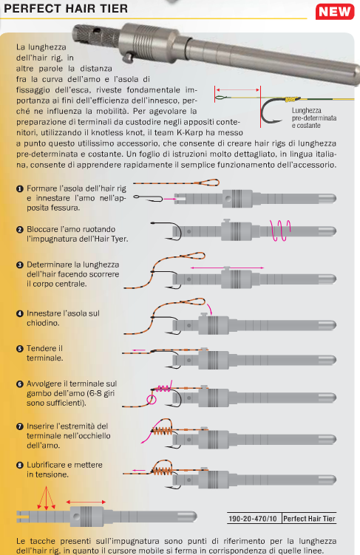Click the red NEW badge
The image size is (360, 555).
[335, 12]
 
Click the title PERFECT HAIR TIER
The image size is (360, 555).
[66, 8]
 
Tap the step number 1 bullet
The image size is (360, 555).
[20, 189]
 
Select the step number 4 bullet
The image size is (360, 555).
[20, 313]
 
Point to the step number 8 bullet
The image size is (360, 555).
[20, 465]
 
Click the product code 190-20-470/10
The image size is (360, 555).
[253, 519]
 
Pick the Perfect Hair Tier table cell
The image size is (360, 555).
[309, 519]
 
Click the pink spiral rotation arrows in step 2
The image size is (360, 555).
[279, 231]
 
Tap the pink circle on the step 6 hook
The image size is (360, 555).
[151, 400]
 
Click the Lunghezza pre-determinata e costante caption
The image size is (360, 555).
[314, 118]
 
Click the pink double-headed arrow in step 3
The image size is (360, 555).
[227, 268]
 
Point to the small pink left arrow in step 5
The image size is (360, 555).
[139, 350]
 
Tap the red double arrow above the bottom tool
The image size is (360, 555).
[86, 502]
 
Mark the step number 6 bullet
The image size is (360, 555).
[20, 384]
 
